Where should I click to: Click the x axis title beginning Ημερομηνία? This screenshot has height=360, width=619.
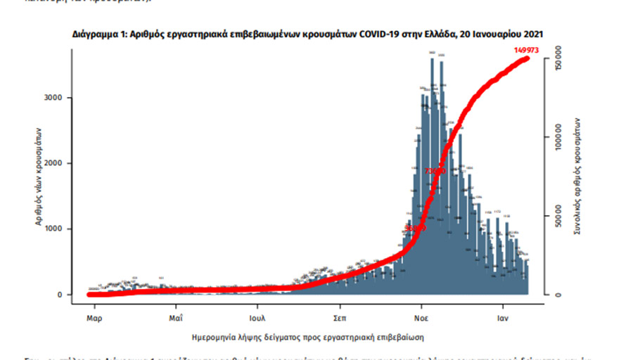click(308, 336)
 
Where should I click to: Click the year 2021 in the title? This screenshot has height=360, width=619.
click(532, 34)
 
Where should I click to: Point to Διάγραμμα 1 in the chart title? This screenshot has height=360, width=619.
click(96, 34)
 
